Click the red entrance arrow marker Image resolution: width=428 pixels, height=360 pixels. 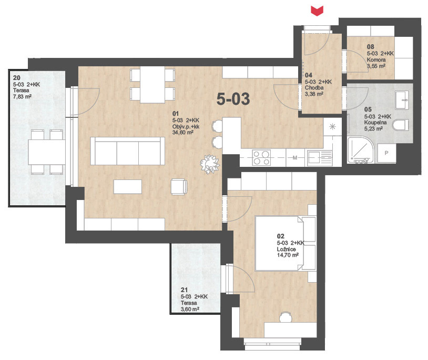tap(317, 11)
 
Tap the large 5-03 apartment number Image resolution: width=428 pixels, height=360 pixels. tap(233, 99)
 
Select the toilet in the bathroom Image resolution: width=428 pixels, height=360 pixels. tap(401, 125)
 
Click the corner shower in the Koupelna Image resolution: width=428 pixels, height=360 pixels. tap(361, 150)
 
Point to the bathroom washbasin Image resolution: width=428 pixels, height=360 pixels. tap(402, 100)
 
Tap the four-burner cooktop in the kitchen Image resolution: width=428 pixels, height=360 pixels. tap(261, 157)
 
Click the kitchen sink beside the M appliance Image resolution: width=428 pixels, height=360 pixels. tap(320, 158)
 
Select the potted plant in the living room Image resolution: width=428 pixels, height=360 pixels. tap(210, 164)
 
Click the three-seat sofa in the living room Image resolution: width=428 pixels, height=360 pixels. tap(127, 151)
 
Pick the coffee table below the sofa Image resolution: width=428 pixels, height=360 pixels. tap(127, 186)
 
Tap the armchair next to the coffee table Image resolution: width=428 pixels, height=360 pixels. tap(179, 186)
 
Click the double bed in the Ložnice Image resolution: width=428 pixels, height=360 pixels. tap(285, 243)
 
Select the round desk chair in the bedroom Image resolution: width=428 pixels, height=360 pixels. tap(286, 318)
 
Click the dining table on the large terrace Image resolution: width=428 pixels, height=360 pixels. tap(47, 152)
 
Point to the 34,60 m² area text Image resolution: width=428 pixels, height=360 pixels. tap(183, 133)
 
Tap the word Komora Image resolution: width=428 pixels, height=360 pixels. tap(376, 60)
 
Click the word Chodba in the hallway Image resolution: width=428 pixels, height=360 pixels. tap(314, 88)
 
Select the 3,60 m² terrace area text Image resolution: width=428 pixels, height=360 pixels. tap(190, 309)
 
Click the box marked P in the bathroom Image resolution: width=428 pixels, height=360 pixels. tap(386, 153)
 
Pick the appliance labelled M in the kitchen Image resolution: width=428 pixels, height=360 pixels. tap(295, 157)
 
